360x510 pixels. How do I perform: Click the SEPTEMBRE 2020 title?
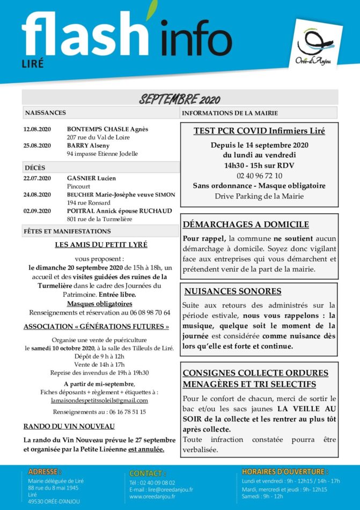(180, 99)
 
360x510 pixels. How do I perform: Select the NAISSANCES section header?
(46, 113)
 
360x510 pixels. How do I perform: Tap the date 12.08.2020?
(37, 129)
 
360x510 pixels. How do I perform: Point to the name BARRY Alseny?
(88, 145)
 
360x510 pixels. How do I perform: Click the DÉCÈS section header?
(35, 168)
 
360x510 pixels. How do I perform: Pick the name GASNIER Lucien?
(91, 178)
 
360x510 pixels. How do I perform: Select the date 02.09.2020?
(37, 211)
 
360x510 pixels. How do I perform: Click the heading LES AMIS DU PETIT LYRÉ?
(101, 245)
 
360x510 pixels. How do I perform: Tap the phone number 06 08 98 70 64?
(145, 312)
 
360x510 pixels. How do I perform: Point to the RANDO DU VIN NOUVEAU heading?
(69, 426)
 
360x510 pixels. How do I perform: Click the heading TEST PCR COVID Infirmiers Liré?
(259, 130)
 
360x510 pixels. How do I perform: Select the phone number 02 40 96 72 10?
(259, 176)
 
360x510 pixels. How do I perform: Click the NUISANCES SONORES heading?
(232, 292)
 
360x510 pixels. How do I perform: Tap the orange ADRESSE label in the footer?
(45, 471)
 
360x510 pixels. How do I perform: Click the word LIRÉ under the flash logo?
(32, 64)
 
